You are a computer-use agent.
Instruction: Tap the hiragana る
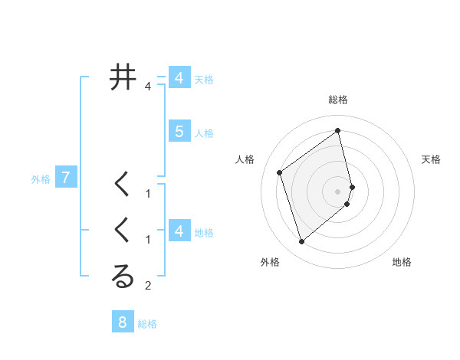(x=123, y=277)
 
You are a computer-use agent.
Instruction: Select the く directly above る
(x=123, y=231)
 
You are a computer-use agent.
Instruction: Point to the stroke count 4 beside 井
(x=148, y=87)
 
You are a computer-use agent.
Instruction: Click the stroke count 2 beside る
(x=148, y=286)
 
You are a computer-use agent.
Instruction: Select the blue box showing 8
(x=123, y=322)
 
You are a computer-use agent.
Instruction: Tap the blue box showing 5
(x=179, y=132)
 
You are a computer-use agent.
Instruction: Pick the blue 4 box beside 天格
(x=179, y=78)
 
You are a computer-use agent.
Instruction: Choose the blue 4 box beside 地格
(x=179, y=231)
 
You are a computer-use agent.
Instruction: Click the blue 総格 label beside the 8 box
(x=147, y=324)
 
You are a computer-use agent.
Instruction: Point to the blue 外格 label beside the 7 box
(x=41, y=179)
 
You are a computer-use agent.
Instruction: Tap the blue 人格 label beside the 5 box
(x=204, y=133)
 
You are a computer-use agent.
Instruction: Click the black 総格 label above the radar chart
(x=338, y=100)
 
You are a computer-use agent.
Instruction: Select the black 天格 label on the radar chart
(x=432, y=159)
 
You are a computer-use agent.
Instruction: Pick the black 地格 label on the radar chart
(x=402, y=262)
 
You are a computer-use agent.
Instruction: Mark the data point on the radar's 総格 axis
(x=338, y=131)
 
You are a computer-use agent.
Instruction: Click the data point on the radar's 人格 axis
(x=280, y=172)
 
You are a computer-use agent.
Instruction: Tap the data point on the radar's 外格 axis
(x=302, y=242)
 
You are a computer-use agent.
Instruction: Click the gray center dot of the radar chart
(x=338, y=191)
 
